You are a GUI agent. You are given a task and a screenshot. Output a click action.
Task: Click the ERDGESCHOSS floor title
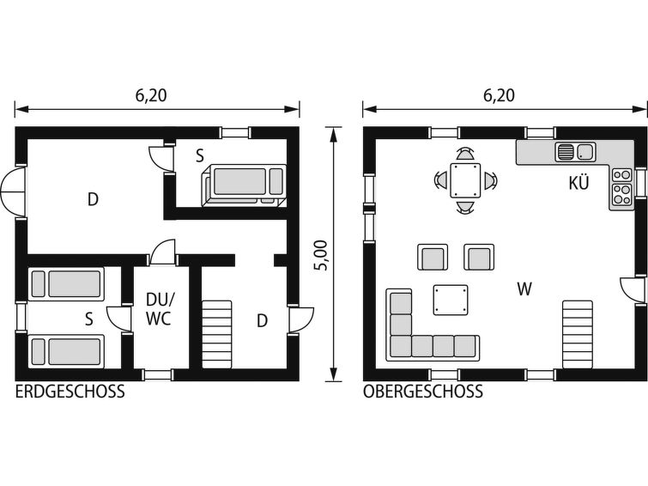click(x=70, y=391)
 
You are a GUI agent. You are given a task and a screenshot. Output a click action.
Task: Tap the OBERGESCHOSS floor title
click(x=423, y=391)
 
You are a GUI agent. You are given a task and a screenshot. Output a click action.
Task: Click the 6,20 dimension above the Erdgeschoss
click(x=151, y=95)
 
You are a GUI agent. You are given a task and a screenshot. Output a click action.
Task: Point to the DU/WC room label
click(x=159, y=308)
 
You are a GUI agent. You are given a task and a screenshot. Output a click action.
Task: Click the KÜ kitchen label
click(x=578, y=182)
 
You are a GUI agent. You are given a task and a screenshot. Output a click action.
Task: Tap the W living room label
click(x=524, y=289)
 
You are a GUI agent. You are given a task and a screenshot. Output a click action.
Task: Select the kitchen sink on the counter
click(x=575, y=151)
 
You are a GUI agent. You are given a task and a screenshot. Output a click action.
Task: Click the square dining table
click(x=465, y=181)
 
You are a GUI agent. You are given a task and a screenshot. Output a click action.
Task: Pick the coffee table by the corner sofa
click(x=451, y=300)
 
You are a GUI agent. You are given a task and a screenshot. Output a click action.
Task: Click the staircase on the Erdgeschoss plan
click(x=216, y=334)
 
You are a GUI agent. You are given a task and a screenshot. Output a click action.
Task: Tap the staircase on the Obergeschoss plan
click(x=578, y=334)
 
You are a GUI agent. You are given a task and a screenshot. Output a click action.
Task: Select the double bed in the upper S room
click(x=244, y=185)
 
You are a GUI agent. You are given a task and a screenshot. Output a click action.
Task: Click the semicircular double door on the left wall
click(x=13, y=192)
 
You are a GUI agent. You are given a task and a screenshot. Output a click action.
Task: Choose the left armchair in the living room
click(x=433, y=257)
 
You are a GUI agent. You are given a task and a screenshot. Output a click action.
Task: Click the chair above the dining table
click(x=465, y=154)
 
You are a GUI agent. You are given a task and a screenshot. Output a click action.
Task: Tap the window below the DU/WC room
click(x=157, y=374)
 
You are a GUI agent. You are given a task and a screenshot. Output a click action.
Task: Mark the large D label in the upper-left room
click(x=93, y=199)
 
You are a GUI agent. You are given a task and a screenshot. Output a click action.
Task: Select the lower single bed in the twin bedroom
click(x=67, y=351)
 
